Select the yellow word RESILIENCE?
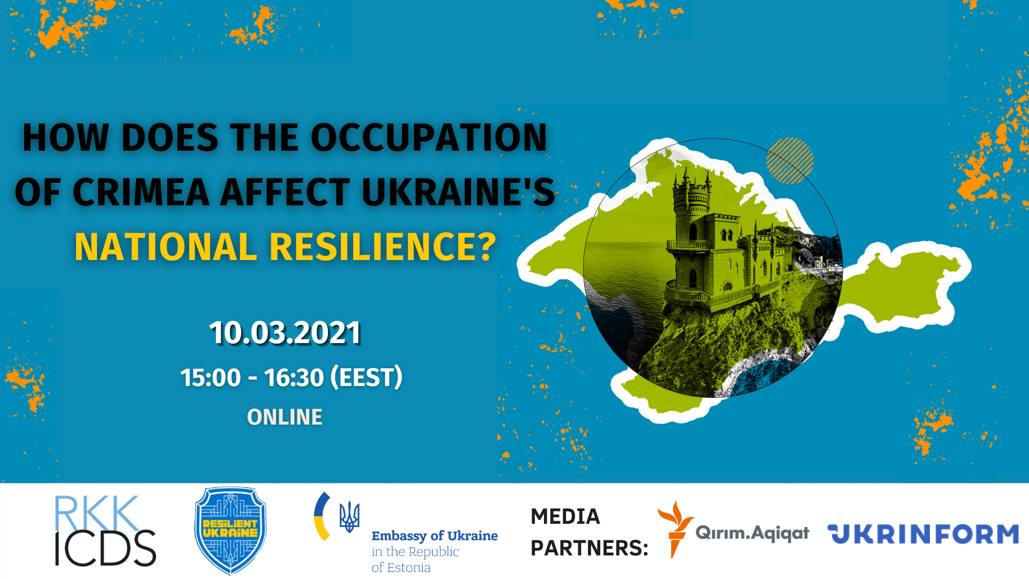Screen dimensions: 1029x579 [383, 247]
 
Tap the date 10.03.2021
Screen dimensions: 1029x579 [285, 332]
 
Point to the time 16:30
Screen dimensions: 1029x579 [294, 377]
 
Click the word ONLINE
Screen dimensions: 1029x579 [285, 417]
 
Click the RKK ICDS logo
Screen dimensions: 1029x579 [105, 531]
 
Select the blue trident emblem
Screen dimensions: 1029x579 [349, 517]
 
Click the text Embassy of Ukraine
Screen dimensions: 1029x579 [435, 536]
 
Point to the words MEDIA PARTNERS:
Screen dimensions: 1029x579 [590, 532]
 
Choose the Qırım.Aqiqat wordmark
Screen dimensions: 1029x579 [752, 533]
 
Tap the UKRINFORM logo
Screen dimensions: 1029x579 [923, 534]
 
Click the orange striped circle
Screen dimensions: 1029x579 [790, 160]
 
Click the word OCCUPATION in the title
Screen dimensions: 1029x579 [429, 137]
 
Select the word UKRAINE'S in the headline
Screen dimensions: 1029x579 [458, 192]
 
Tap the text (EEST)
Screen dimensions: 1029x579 [367, 377]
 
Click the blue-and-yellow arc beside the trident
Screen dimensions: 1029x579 [322, 516]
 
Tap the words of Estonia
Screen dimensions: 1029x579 [401, 567]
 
